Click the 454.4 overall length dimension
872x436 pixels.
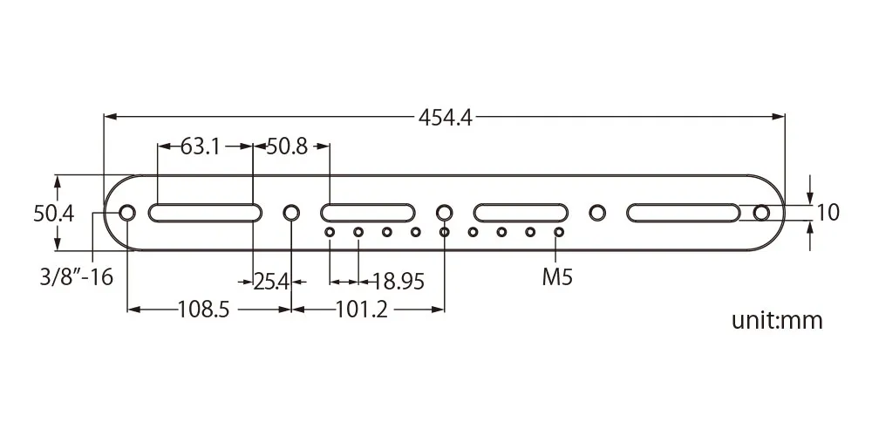pyautogui.click(x=445, y=118)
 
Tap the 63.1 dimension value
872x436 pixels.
pyautogui.click(x=201, y=146)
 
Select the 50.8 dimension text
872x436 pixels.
pyautogui.click(x=287, y=146)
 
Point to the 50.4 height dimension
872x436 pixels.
pyautogui.click(x=53, y=214)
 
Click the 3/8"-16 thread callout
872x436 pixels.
pyautogui.click(x=76, y=276)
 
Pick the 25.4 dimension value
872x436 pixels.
pyautogui.click(x=272, y=282)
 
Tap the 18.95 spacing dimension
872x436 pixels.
pyautogui.click(x=399, y=282)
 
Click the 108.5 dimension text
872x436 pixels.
pyautogui.click(x=203, y=310)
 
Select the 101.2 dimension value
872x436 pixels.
pyautogui.click(x=362, y=310)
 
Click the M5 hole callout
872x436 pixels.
pyautogui.click(x=557, y=277)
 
